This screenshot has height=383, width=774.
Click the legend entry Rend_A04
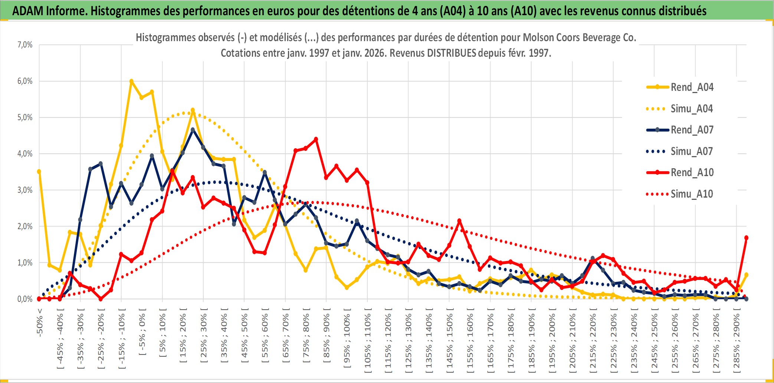(x=692, y=87)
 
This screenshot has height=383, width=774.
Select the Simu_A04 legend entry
(x=692, y=109)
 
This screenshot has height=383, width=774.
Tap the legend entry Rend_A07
(x=692, y=130)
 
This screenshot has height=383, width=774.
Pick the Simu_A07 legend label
(x=692, y=151)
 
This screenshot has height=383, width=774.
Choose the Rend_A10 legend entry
(x=692, y=172)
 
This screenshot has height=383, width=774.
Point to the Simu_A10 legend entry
(x=692, y=194)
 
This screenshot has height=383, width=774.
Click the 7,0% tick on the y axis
(x=25, y=45)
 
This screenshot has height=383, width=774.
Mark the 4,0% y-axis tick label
(x=25, y=153)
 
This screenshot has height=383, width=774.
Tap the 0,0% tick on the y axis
(x=25, y=299)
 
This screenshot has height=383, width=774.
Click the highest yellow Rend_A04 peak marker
(x=131, y=81)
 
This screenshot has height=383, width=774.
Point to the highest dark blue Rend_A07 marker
(x=193, y=130)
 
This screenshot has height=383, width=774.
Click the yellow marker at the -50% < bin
(x=39, y=172)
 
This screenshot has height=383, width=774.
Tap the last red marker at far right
(x=746, y=238)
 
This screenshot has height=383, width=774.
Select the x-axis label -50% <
(x=40, y=323)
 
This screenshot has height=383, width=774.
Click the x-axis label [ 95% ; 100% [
(x=347, y=341)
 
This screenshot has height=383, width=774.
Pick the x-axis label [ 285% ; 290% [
(x=737, y=343)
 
